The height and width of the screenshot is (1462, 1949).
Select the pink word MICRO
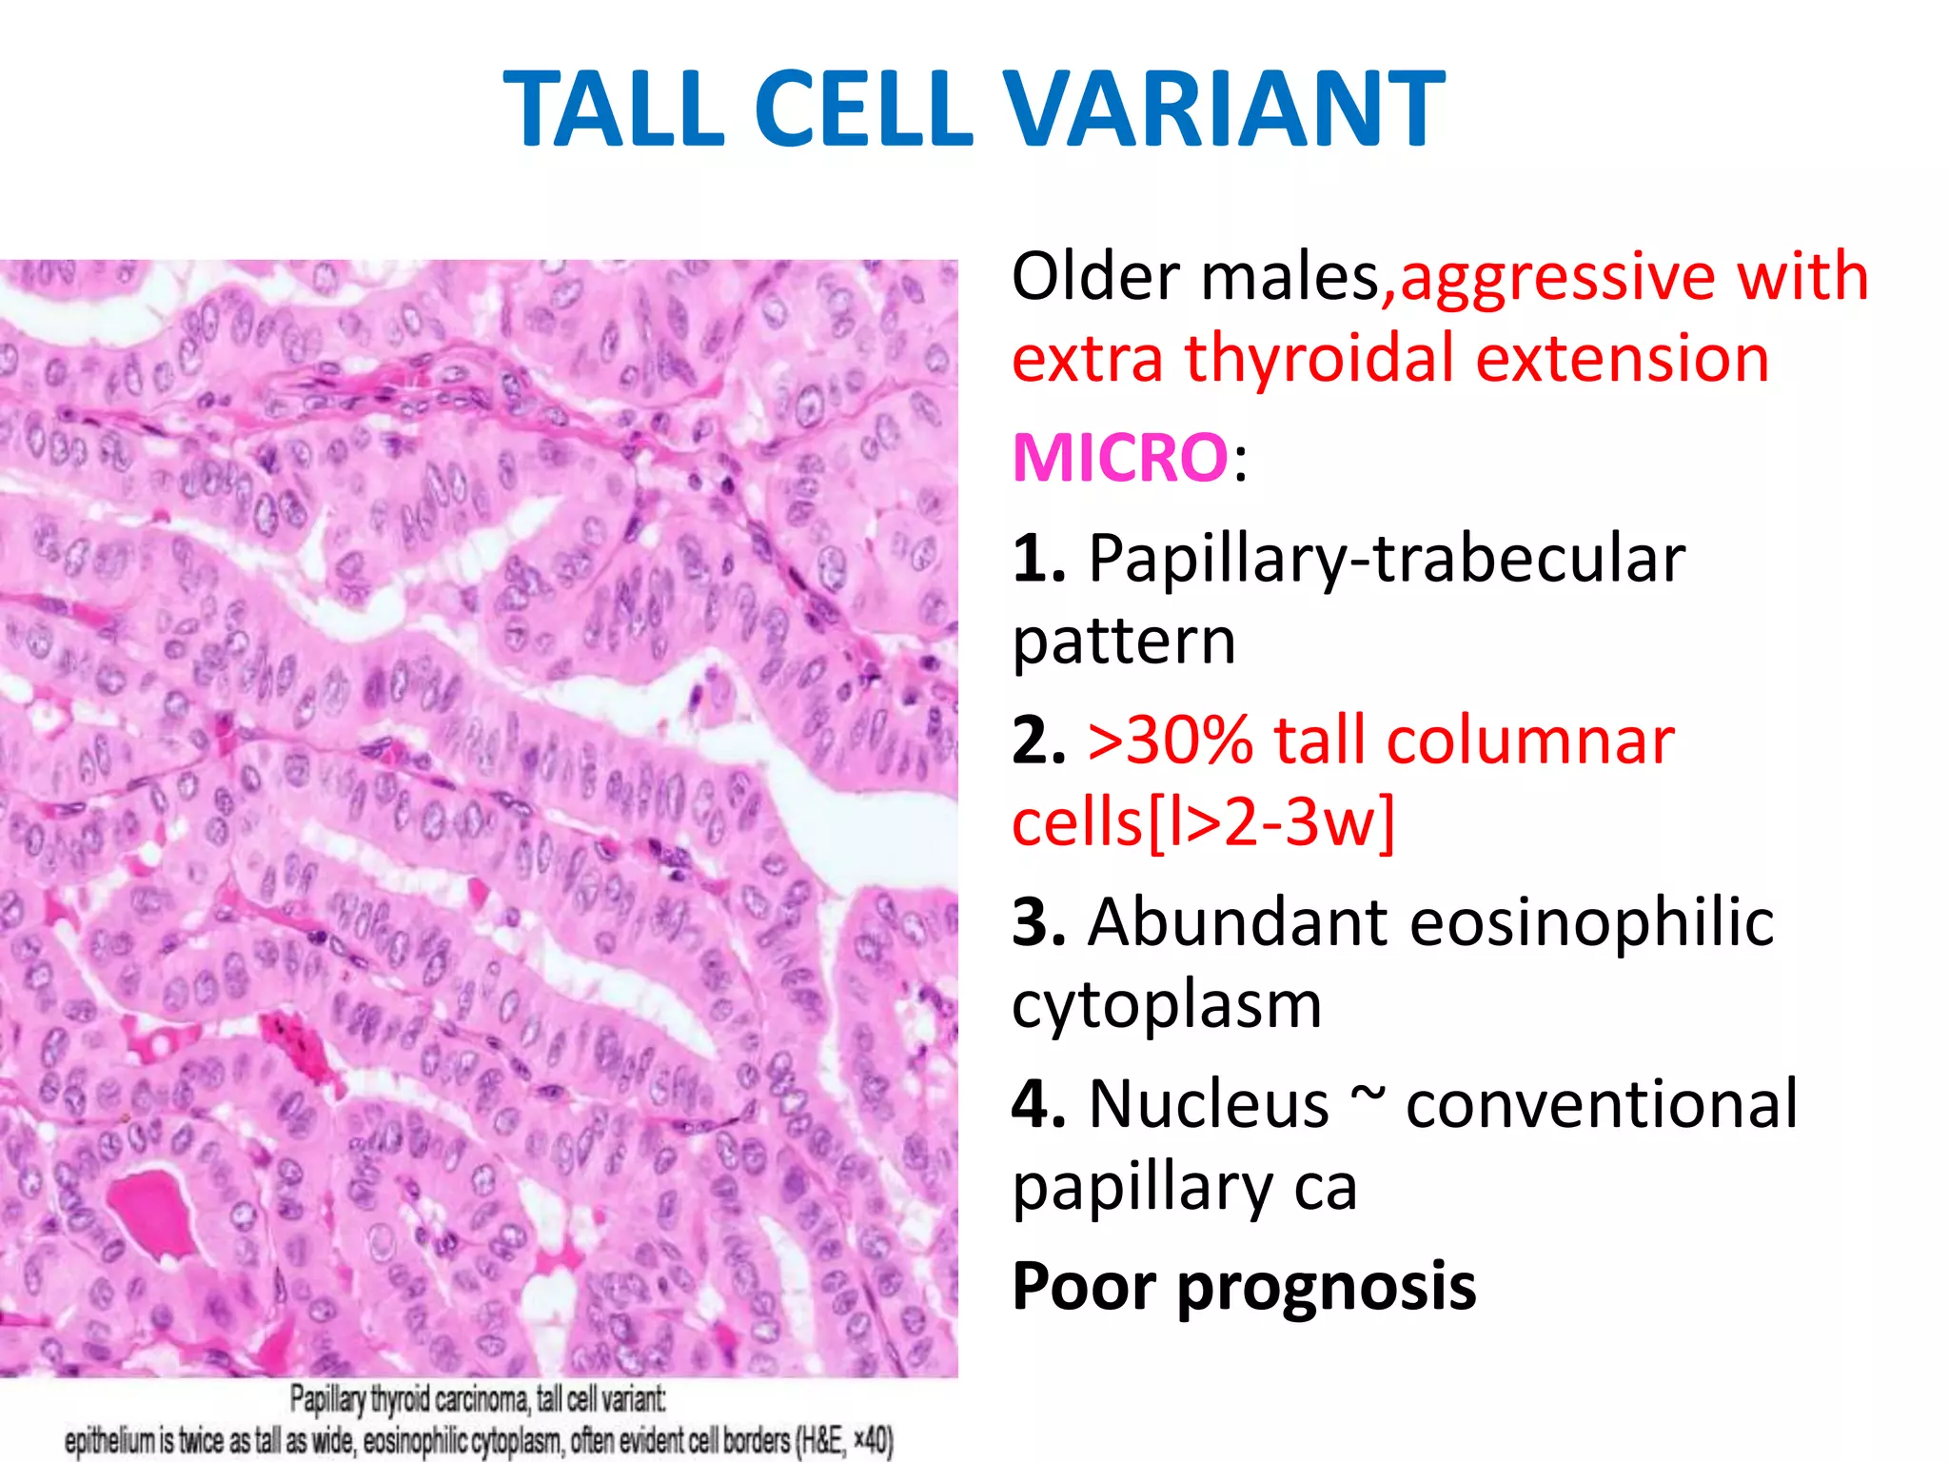pos(1120,458)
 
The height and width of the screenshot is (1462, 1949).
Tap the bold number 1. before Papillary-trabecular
pos(1038,559)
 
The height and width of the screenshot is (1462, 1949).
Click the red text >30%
pos(1170,741)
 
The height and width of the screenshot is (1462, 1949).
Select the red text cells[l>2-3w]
pos(1202,823)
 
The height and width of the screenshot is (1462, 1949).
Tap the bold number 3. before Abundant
pos(1038,922)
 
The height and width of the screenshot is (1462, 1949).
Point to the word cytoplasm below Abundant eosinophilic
pos(1166,1005)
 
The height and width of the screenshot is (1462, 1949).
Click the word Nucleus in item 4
pos(1208,1104)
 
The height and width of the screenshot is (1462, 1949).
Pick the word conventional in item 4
pos(1601,1104)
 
